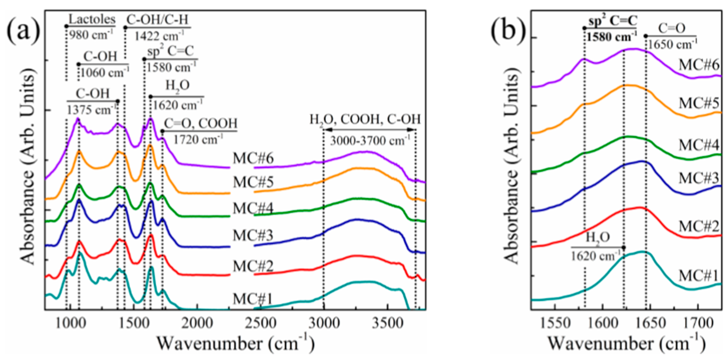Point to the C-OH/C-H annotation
[x=157, y=20]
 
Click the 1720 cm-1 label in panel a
[x=198, y=139]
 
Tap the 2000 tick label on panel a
[x=197, y=323]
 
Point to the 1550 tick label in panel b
[x=555, y=323]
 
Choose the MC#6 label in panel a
[x=253, y=158]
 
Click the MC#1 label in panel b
[x=699, y=276]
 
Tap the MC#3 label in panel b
[x=699, y=178]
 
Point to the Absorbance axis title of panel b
[x=512, y=170]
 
